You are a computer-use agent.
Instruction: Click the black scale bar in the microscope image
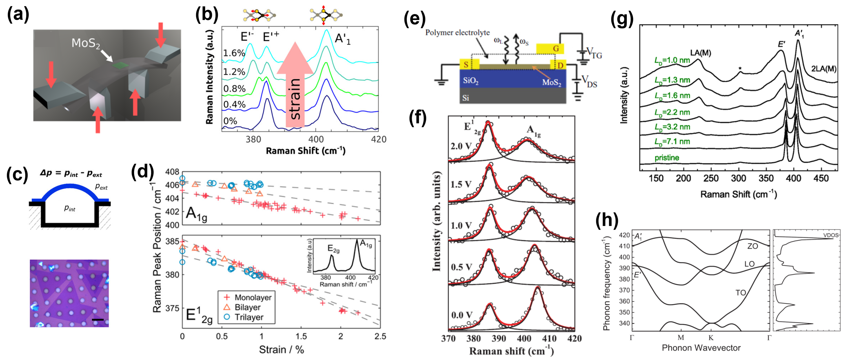click(x=98, y=319)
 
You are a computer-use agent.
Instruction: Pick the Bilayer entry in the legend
click(x=247, y=307)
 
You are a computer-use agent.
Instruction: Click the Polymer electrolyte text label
click(x=457, y=33)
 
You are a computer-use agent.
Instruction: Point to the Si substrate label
click(x=466, y=98)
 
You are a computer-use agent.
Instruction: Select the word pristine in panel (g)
click(x=667, y=158)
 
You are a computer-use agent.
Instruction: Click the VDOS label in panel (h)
click(x=831, y=235)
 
